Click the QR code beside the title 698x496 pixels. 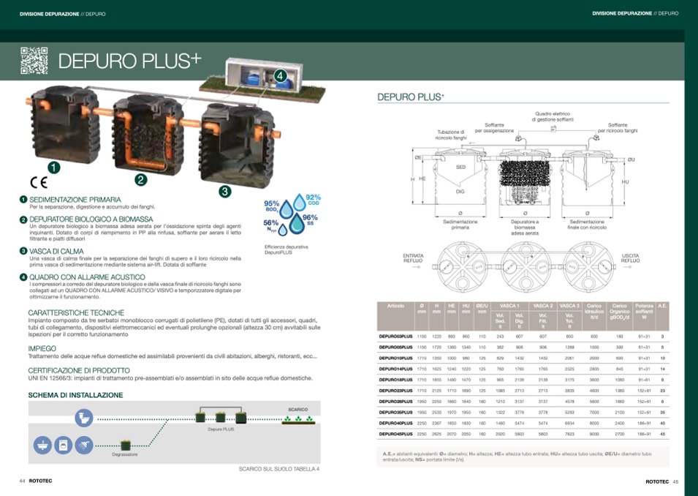click(34, 61)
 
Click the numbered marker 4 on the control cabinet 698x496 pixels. click(279, 75)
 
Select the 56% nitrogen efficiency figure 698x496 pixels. click(270, 224)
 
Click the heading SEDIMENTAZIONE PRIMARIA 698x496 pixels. click(75, 199)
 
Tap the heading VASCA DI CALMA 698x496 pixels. click(57, 250)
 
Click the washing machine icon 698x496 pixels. click(64, 443)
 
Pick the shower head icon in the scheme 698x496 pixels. click(44, 443)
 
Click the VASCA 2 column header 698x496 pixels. click(542, 305)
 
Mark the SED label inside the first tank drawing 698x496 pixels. click(460, 167)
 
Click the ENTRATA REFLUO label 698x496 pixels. click(414, 258)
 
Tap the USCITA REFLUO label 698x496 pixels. click(630, 258)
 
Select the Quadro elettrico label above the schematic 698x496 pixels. click(553, 116)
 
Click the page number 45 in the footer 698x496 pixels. click(675, 481)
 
